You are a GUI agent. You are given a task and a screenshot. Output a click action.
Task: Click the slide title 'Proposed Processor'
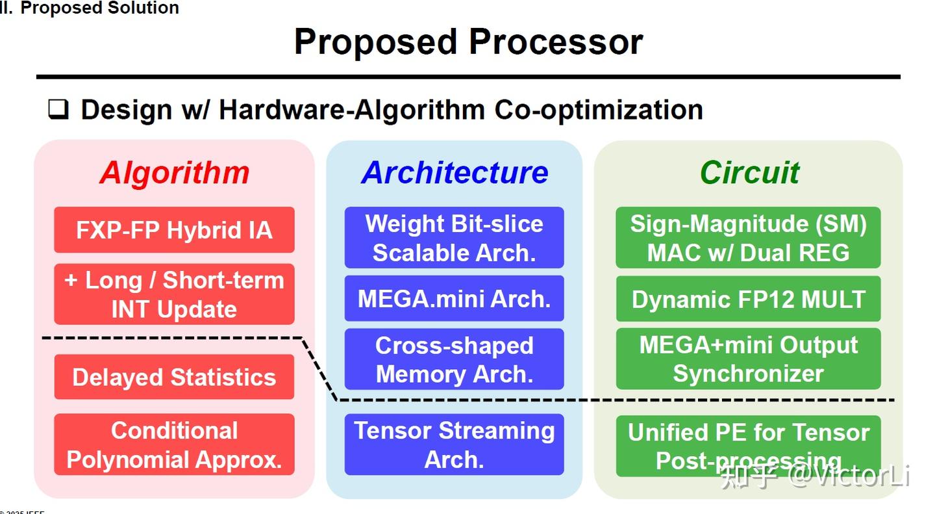click(468, 42)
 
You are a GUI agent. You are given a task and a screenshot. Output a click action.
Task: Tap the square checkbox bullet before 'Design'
click(58, 109)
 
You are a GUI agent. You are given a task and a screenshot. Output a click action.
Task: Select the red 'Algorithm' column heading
click(174, 173)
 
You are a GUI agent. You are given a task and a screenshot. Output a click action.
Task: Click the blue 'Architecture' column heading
click(455, 173)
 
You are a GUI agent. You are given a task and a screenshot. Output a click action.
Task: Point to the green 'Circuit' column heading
click(749, 173)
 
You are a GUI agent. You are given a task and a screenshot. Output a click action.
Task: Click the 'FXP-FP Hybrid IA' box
click(174, 230)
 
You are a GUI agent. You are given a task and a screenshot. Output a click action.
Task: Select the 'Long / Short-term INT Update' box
click(174, 294)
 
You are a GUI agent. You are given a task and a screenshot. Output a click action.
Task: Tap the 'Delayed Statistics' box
click(174, 377)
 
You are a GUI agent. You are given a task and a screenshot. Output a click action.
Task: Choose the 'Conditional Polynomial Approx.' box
click(174, 444)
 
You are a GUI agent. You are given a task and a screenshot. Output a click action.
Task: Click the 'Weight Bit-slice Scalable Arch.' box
click(454, 238)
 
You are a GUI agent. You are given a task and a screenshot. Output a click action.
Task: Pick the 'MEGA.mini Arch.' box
click(454, 299)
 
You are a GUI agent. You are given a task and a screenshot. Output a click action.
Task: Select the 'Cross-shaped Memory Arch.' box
click(454, 359)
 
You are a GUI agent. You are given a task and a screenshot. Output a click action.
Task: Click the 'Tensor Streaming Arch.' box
click(454, 444)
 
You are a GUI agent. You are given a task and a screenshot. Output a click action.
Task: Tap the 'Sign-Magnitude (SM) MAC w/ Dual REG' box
click(748, 238)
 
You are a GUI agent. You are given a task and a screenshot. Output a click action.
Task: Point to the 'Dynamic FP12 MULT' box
click(748, 299)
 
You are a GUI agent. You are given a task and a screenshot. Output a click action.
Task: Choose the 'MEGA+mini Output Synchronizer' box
click(748, 359)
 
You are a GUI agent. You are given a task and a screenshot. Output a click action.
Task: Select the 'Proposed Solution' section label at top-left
click(99, 8)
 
